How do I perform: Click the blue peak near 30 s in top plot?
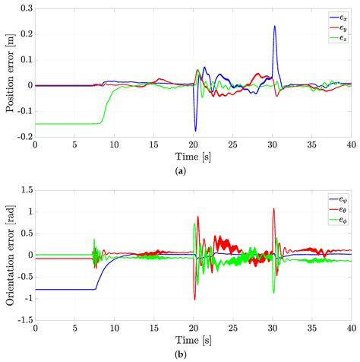274,27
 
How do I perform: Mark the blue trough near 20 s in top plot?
195,131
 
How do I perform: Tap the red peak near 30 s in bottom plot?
273,209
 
